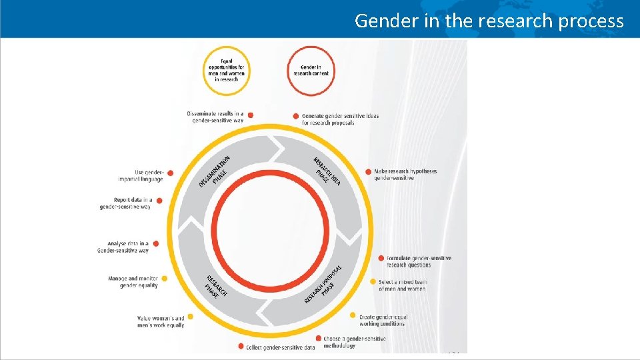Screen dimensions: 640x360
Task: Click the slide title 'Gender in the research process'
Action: point(489,21)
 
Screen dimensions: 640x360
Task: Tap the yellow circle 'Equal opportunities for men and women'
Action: point(227,70)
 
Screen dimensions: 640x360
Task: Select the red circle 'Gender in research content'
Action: point(311,70)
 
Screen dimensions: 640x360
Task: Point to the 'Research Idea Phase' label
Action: point(327,171)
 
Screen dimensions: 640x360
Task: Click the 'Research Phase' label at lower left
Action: point(215,285)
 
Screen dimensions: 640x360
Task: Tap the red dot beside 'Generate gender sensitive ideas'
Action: point(296,116)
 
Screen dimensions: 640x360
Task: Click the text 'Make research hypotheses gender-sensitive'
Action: point(405,175)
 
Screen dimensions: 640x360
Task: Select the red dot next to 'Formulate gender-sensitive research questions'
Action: point(381,258)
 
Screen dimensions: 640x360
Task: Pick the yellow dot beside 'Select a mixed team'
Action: point(373,282)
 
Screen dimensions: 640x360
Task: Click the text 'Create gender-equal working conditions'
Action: point(383,320)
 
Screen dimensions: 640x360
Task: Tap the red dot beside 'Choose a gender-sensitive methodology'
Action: point(319,339)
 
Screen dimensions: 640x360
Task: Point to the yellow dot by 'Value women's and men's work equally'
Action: point(191,317)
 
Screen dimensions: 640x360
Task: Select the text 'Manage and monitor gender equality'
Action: point(133,282)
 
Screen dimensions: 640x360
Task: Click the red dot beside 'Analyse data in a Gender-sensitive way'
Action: point(155,244)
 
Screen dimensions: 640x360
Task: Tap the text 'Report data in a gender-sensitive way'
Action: point(125,203)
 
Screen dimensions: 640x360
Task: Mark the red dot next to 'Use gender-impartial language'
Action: point(170,173)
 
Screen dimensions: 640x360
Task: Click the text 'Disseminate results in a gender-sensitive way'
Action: point(215,117)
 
